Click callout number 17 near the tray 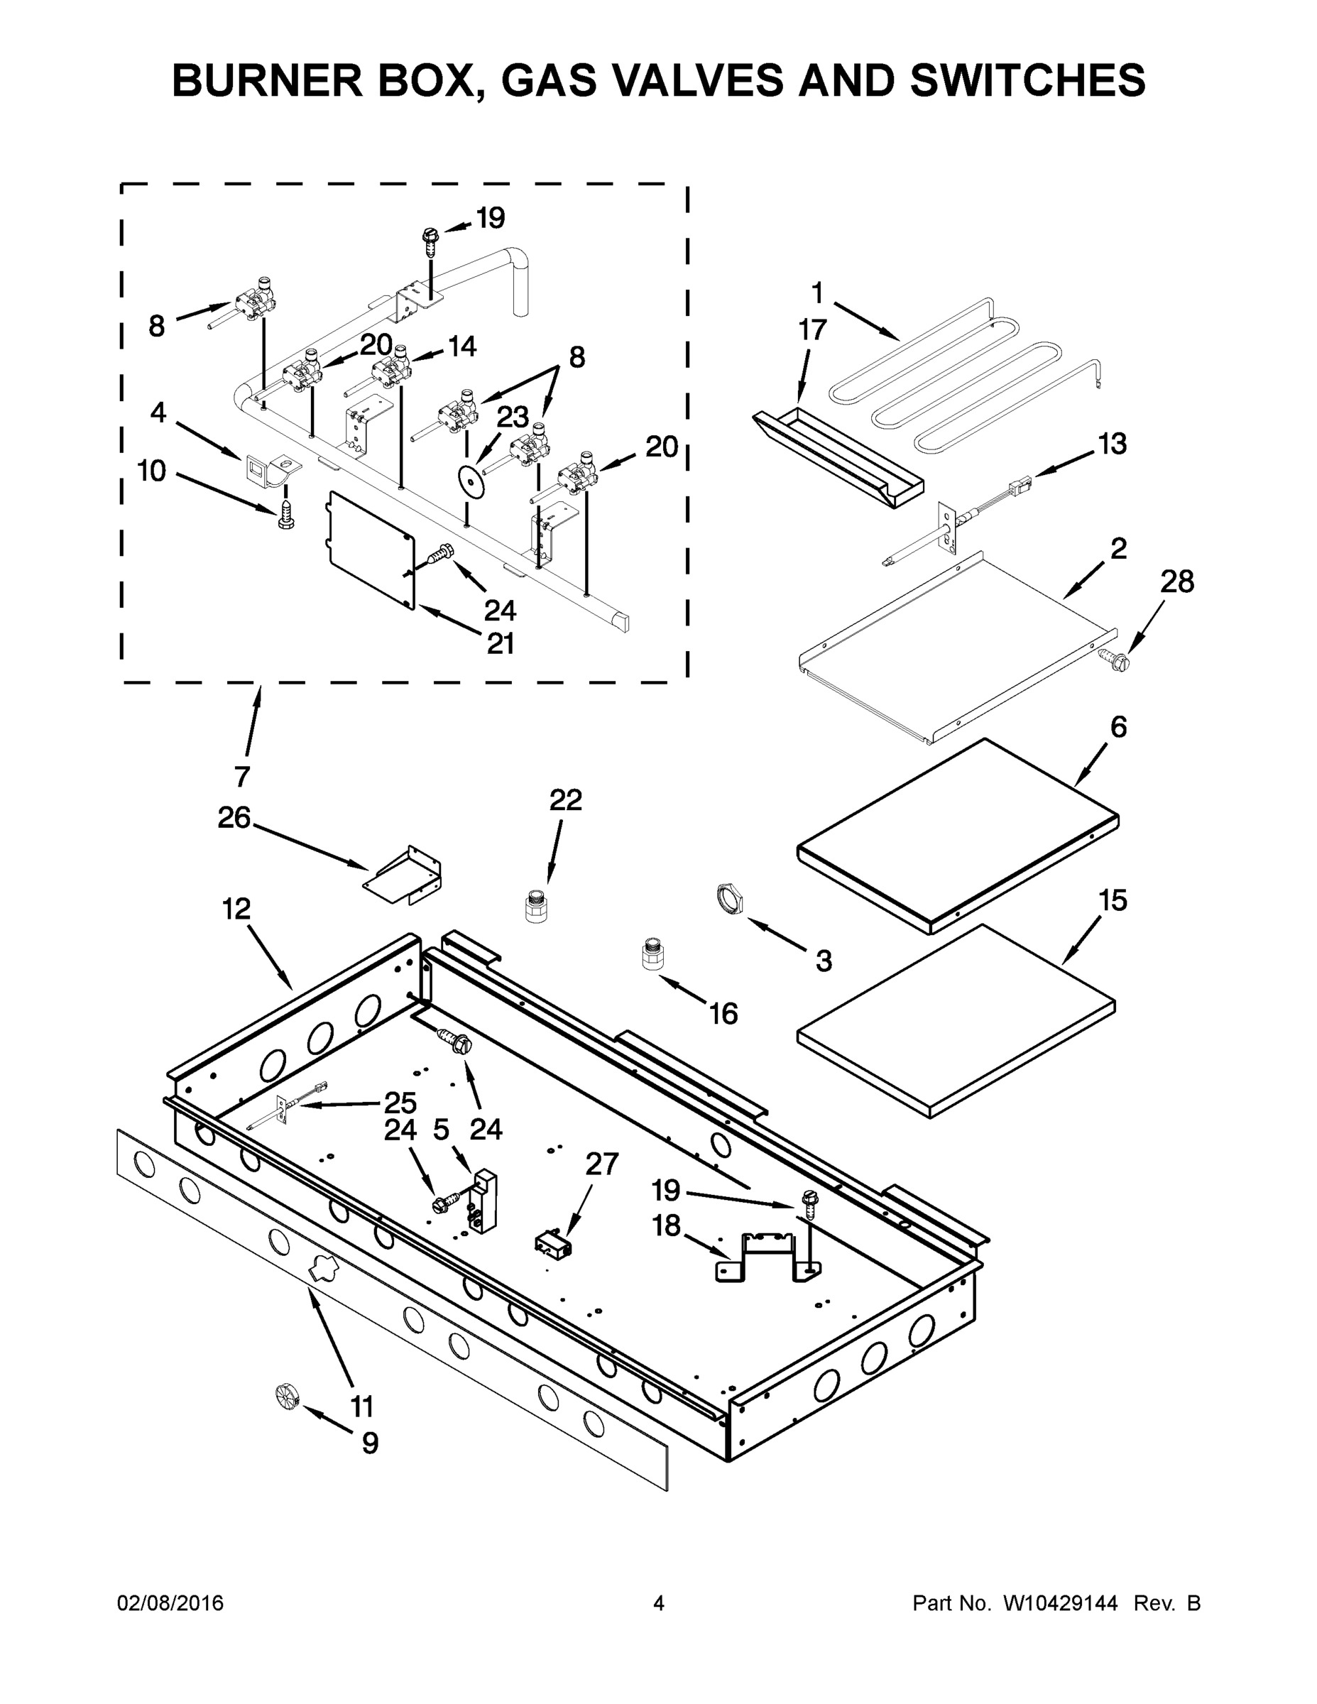[x=812, y=330]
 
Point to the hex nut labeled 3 [x=728, y=899]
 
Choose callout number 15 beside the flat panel [x=1113, y=900]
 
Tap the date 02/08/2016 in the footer [x=170, y=1603]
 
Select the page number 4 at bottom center [x=659, y=1603]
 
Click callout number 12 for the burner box [x=236, y=909]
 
